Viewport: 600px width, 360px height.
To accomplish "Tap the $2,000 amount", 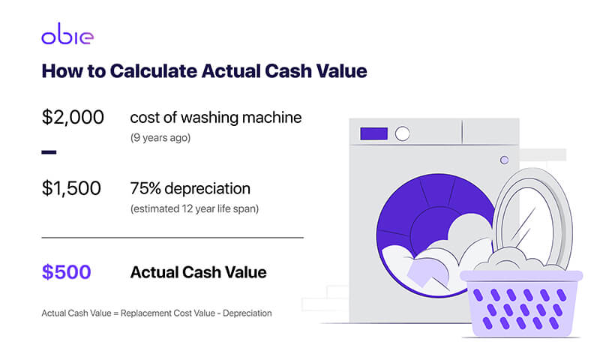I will [x=73, y=118].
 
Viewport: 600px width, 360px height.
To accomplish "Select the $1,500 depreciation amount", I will [x=71, y=189].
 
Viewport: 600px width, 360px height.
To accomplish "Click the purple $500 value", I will [x=66, y=272].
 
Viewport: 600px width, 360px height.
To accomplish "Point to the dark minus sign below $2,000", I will [x=49, y=152].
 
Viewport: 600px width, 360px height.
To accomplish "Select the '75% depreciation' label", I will [x=190, y=188].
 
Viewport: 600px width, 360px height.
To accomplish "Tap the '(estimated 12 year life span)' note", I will [x=194, y=208].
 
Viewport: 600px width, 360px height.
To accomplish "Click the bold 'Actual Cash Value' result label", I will [x=198, y=272].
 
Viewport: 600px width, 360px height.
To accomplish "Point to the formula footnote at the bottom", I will [x=156, y=312].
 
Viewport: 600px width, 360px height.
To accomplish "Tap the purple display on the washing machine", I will [x=374, y=134].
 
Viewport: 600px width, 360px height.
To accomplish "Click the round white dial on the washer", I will [x=403, y=134].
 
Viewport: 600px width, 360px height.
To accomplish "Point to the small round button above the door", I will [x=504, y=160].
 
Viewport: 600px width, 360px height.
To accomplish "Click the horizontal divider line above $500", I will [x=172, y=237].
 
